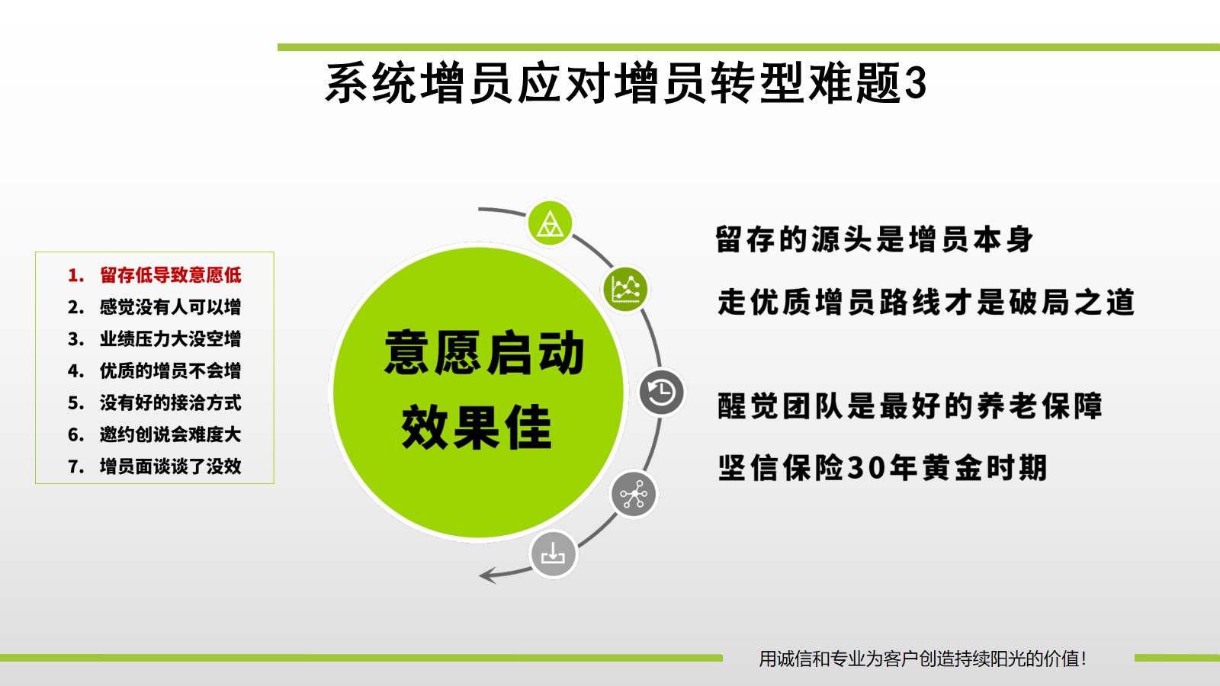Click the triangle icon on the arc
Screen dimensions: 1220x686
pos(550,223)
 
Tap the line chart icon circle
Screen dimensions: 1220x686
pos(625,289)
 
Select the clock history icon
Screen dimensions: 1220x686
pos(661,392)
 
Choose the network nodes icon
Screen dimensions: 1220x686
pos(634,495)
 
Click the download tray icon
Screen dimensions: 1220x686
pos(553,554)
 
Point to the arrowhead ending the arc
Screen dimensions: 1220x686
pos(486,575)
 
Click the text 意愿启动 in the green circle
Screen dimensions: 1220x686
pos(483,353)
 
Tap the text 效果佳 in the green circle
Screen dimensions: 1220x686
pos(477,427)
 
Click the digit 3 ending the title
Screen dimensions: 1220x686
pos(916,83)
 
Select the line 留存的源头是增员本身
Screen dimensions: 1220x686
pos(874,239)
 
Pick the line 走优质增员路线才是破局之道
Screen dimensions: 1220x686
pos(926,302)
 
